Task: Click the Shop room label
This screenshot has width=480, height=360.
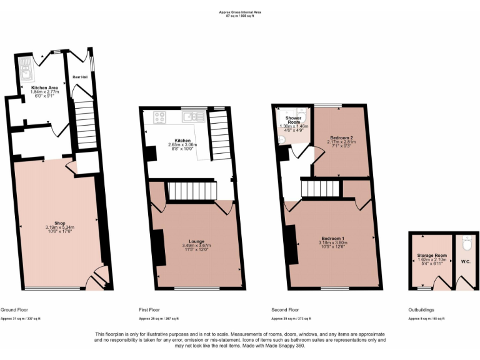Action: [60, 223]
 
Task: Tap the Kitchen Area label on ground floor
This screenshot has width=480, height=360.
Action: [44, 87]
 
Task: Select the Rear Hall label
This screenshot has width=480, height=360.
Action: [79, 77]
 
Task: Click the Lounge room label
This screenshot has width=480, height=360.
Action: [197, 241]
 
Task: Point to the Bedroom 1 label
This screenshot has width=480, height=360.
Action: [332, 238]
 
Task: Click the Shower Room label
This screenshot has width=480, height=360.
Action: [294, 120]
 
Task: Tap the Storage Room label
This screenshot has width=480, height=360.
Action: [432, 256]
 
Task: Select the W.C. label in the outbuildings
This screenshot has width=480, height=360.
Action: [466, 261]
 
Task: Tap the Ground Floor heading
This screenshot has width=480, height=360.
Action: [13, 310]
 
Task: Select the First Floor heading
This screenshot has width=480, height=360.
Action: [150, 310]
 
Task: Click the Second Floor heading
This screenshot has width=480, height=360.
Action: [285, 310]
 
